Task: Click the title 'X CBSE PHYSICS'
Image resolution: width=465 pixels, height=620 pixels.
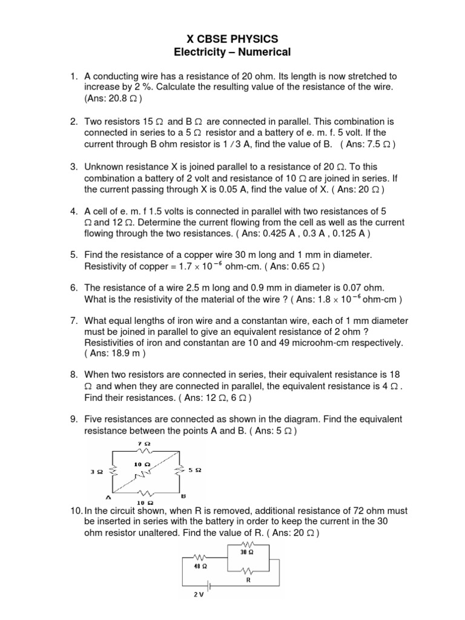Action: click(232, 39)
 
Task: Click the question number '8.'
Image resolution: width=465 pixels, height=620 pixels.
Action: click(74, 376)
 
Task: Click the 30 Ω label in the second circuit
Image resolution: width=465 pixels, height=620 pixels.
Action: click(247, 552)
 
